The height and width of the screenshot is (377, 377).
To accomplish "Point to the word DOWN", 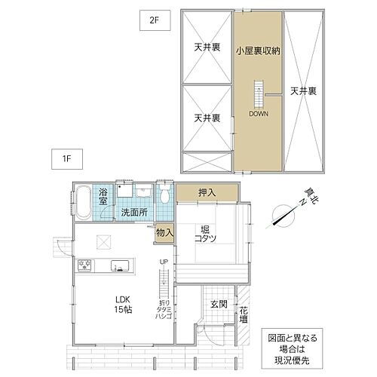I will point(259,114).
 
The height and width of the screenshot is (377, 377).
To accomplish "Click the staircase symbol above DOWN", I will point(259,93).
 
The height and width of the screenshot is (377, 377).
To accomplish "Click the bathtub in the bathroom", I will point(83,203).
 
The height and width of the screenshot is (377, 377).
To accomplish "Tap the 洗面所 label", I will point(134,213).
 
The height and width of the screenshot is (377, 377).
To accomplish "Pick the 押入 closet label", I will point(207,193).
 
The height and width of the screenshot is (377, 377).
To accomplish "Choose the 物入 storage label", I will point(164,234).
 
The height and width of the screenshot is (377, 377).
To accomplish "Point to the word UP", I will point(162,262).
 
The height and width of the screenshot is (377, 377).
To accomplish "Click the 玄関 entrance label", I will point(218,304).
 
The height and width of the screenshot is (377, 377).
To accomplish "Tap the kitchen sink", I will point(119,265).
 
